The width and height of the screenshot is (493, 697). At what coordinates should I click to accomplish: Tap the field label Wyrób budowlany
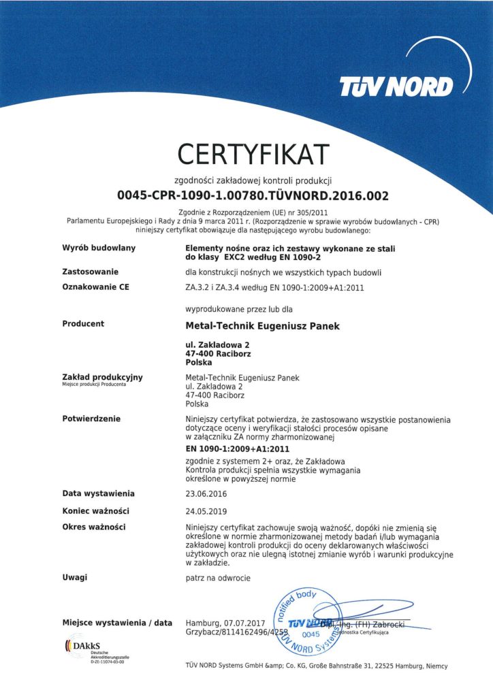(99, 248)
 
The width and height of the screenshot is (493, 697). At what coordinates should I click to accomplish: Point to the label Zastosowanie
(91, 272)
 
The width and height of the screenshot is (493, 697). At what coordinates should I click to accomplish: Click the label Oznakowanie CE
(95, 287)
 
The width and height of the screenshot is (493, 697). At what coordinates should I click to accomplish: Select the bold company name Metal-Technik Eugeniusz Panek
(262, 326)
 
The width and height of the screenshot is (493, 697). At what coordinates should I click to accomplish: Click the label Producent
(83, 324)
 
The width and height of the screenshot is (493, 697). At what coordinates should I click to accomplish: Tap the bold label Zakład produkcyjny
(102, 377)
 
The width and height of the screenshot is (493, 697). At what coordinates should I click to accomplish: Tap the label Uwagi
(75, 577)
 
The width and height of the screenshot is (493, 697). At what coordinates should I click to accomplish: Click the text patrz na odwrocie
(218, 578)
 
